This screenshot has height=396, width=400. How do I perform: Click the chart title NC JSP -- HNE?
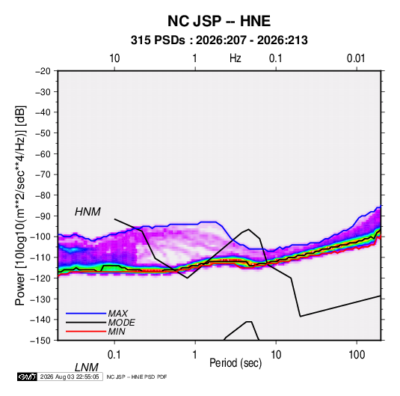point(219,21)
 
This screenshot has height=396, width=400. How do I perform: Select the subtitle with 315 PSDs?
point(219,40)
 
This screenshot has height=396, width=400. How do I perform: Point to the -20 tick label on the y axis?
point(43,71)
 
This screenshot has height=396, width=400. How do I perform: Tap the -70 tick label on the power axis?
point(43,174)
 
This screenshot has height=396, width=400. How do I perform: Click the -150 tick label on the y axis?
point(40,341)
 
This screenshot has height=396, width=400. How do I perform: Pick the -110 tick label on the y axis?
point(40,258)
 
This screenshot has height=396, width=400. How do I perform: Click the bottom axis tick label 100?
point(357,355)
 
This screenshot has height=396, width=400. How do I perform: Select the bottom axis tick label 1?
point(195,355)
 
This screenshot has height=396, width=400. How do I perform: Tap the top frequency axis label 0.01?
point(356,58)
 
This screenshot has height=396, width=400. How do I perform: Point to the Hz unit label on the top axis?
point(236,58)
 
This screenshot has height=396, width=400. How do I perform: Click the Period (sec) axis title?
point(236,363)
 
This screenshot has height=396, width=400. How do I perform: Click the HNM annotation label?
point(87,212)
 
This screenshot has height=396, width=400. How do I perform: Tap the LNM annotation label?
point(86,368)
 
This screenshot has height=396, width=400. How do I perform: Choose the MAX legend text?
point(118,313)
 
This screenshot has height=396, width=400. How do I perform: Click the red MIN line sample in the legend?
point(86,332)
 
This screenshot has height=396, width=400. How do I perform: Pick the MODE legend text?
point(121,323)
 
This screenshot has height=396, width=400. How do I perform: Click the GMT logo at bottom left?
point(27,377)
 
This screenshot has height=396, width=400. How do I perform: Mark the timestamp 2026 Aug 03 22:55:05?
point(70,377)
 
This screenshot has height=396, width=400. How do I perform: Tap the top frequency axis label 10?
point(114,58)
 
